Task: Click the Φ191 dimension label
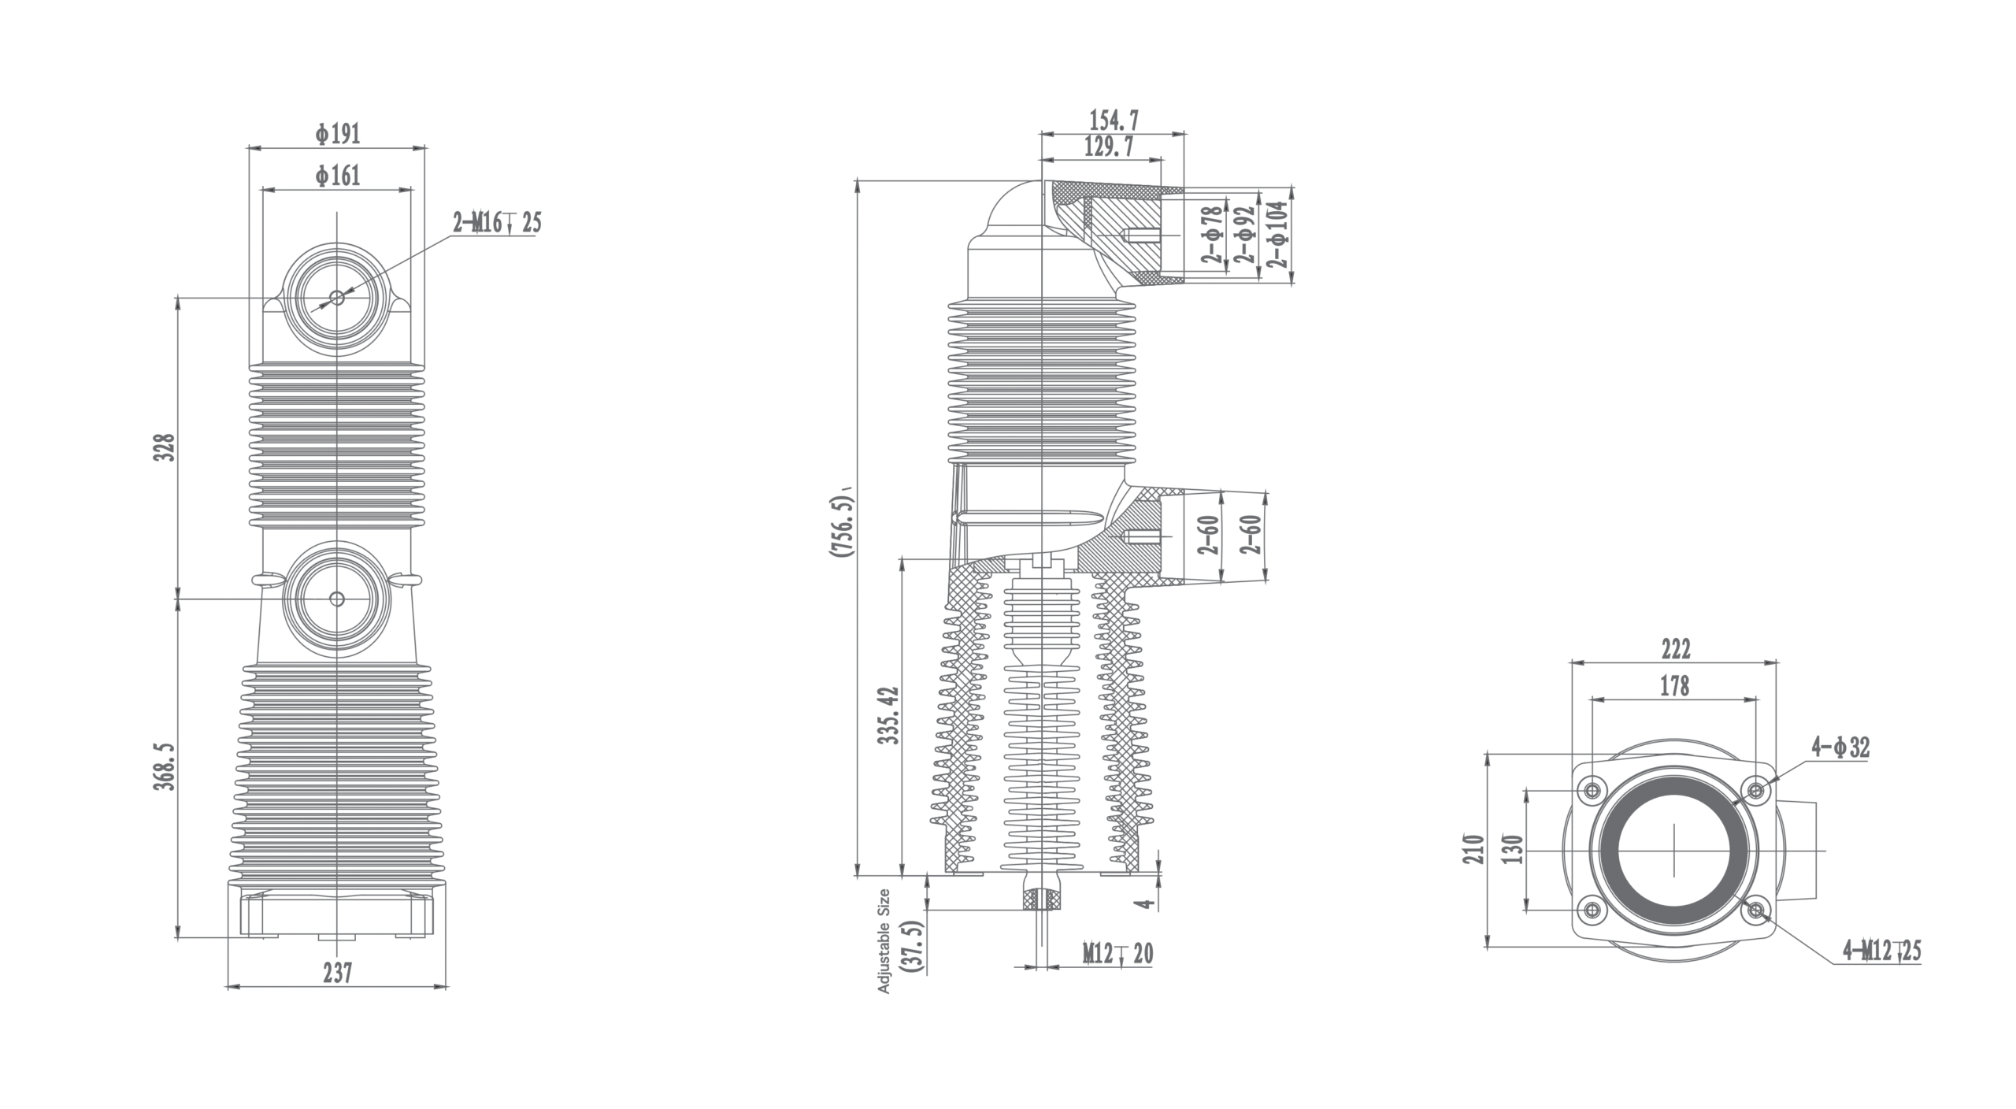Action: point(338,135)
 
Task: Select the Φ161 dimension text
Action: point(338,176)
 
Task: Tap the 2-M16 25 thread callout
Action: point(497,223)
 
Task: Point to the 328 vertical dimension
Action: point(164,447)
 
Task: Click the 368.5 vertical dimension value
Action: point(164,765)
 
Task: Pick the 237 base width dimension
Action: point(337,974)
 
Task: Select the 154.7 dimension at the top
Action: point(1114,121)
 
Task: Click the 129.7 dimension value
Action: point(1109,147)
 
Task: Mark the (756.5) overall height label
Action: point(841,526)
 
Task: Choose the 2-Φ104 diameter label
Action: point(1278,234)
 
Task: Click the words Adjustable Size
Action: point(884,940)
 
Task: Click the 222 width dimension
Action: point(1675,649)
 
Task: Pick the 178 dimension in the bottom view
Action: point(1674,686)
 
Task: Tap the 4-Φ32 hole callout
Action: point(1840,747)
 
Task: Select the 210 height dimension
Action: point(1473,849)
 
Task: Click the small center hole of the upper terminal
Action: point(337,298)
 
